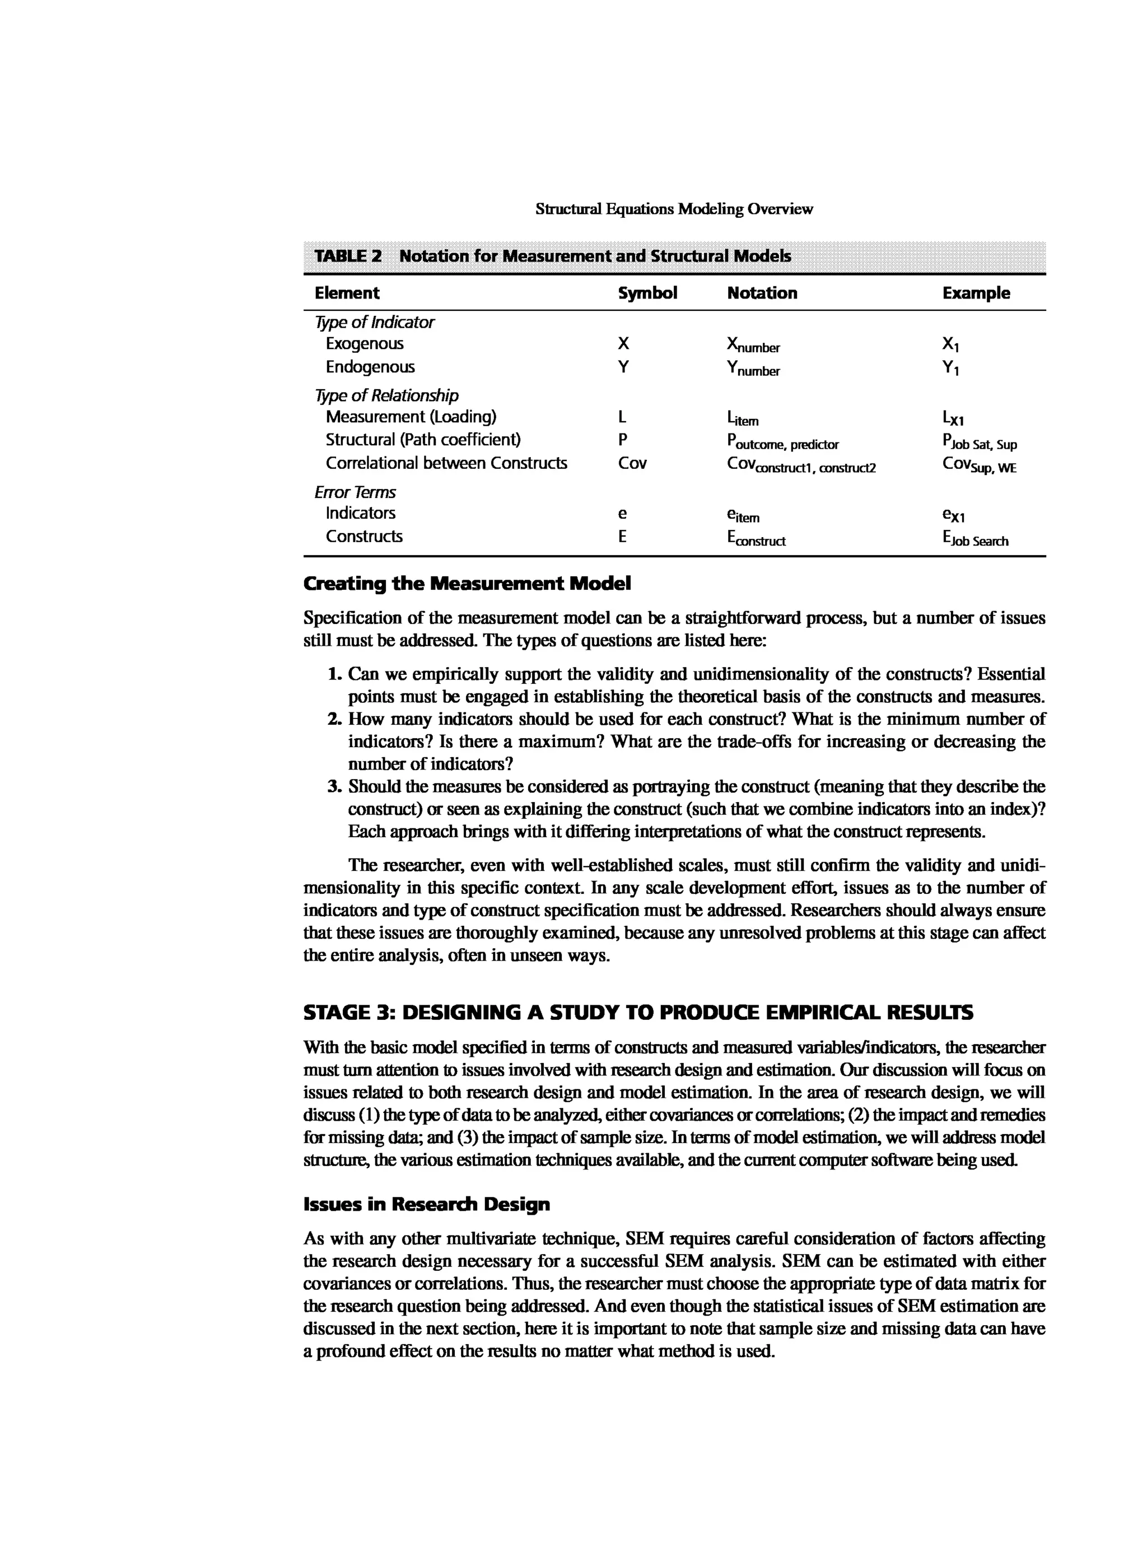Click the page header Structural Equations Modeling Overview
(674, 209)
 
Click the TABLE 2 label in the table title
(348, 256)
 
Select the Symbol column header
(647, 293)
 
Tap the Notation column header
(762, 293)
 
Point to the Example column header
(976, 293)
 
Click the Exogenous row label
(365, 344)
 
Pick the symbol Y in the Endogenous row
(623, 367)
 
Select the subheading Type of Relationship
(386, 396)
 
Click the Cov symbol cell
(632, 463)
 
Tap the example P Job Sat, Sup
(979, 442)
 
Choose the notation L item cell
(742, 419)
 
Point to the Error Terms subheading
(355, 492)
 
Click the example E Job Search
(975, 539)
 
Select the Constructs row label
(364, 537)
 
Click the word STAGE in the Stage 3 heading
(337, 1013)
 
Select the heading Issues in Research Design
(426, 1204)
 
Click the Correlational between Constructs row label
(446, 463)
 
